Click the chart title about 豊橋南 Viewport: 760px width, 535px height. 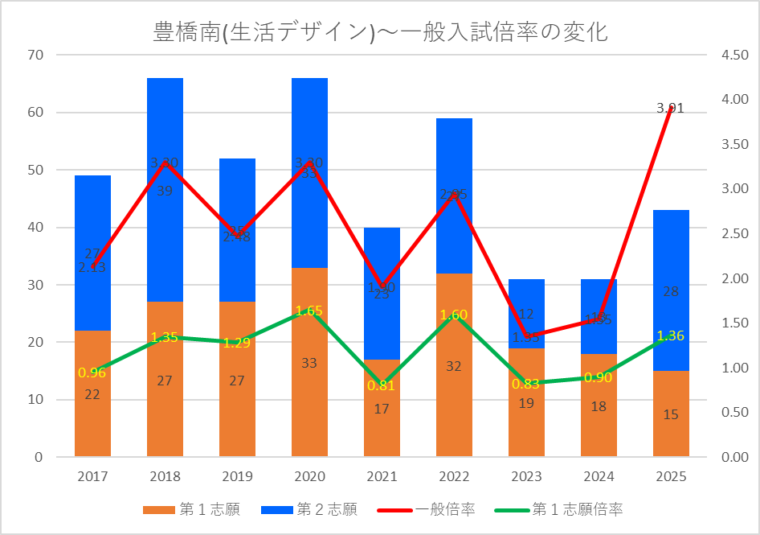click(x=379, y=31)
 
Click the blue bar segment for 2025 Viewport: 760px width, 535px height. click(x=671, y=265)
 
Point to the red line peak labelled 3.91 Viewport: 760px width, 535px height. click(x=671, y=108)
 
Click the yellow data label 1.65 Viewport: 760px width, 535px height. click(x=309, y=310)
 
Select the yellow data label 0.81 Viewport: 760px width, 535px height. click(x=382, y=385)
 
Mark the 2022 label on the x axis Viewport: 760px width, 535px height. click(x=454, y=477)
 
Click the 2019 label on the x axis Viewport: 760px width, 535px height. click(x=237, y=477)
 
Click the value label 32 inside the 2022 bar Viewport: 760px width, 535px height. click(x=454, y=366)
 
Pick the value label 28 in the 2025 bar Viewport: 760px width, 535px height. click(x=671, y=291)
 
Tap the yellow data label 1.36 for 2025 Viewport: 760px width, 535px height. click(x=671, y=335)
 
